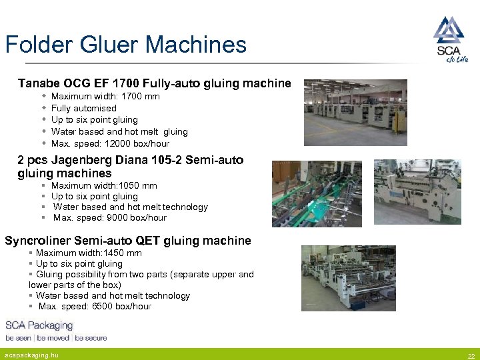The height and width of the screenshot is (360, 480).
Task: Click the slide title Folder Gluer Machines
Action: coord(126,45)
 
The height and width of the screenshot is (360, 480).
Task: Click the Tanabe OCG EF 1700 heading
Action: coord(154,83)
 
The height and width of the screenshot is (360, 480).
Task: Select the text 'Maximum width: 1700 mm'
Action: coord(105,97)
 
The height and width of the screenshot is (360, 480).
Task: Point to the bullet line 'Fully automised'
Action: coord(83,108)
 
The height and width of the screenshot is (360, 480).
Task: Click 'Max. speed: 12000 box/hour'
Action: coord(110,143)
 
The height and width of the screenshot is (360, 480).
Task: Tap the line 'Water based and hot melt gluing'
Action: coord(119,132)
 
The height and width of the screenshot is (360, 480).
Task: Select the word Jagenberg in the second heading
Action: coord(92,160)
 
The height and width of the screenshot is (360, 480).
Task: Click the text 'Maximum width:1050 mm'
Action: coord(104,185)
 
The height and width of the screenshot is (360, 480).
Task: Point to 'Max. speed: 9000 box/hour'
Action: coord(110,217)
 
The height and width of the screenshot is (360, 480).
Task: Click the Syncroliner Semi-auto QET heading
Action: coord(128,241)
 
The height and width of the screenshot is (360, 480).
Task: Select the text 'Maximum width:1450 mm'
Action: coord(89,253)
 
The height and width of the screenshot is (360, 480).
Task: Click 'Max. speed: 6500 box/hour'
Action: coord(95,307)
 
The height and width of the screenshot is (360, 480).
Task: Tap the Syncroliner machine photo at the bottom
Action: coord(349,277)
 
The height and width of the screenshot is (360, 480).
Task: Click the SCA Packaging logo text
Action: coord(39,325)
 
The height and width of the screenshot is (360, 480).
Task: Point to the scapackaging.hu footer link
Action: coord(32,355)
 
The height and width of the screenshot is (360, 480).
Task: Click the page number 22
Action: coord(471,356)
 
